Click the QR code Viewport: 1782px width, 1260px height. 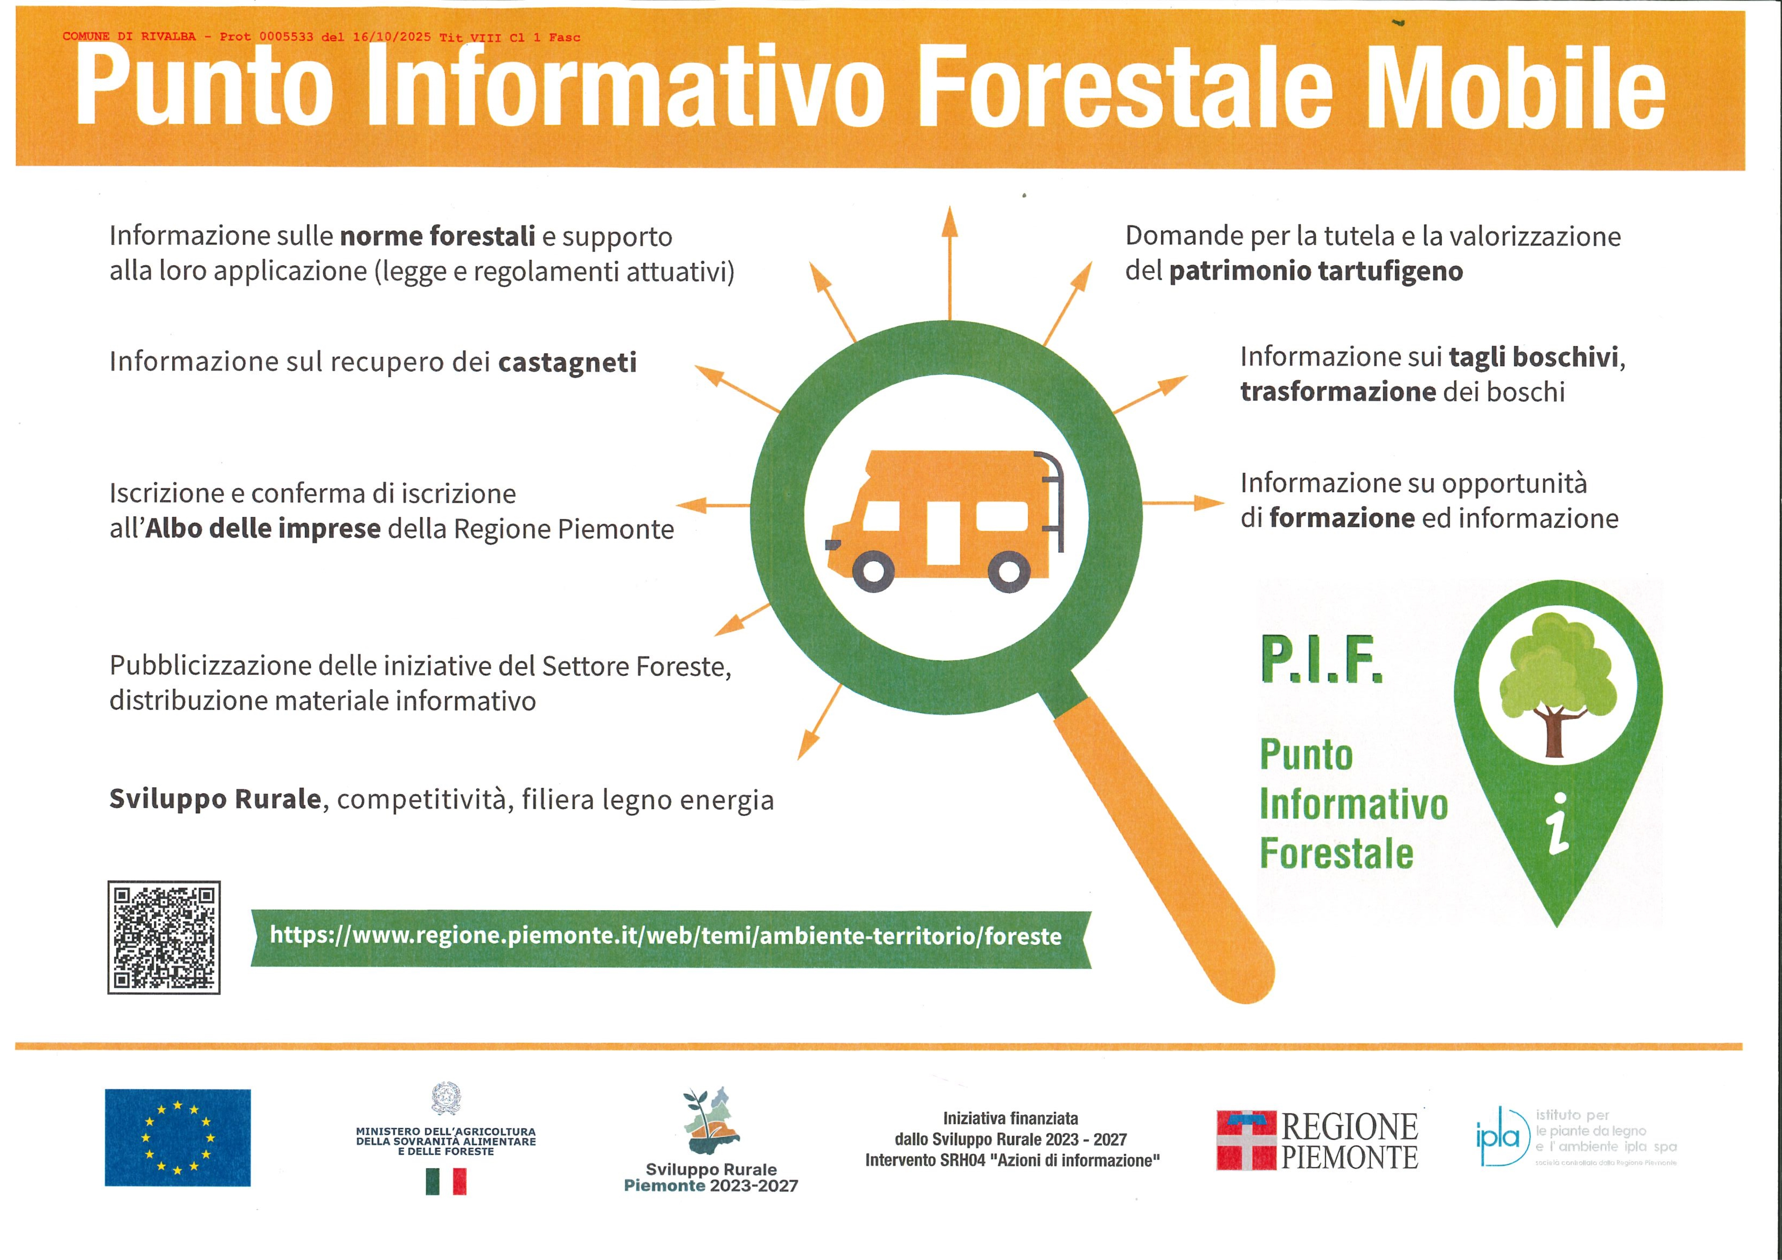tap(164, 937)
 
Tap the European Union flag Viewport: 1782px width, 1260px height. tap(178, 1138)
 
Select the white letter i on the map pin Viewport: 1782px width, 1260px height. tap(1558, 824)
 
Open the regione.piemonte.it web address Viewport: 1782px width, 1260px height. tap(665, 936)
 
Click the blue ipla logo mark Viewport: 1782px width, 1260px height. tap(1498, 1138)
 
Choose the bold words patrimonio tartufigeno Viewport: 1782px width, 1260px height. tap(1316, 272)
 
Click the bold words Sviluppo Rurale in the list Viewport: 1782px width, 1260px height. tap(215, 799)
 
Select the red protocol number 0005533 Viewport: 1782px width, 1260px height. tap(286, 37)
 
